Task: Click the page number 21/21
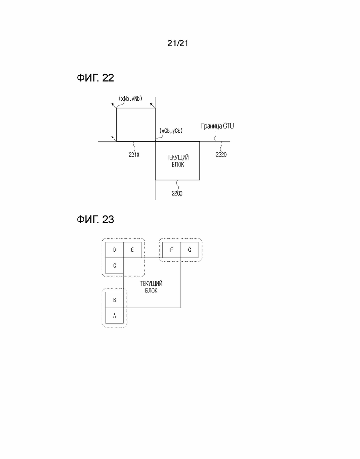178,43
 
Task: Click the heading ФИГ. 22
95,78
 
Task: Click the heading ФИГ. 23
95,220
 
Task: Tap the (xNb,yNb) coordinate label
130,99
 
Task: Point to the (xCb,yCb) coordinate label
171,131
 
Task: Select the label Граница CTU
217,126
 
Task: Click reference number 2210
134,155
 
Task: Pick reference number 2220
221,155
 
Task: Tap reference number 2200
177,193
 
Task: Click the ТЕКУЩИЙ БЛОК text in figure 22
178,161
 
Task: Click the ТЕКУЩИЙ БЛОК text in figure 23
151,287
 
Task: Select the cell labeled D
114,250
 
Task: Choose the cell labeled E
132,250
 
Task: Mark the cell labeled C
114,266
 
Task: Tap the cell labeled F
172,250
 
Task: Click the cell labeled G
190,250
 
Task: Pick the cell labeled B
114,300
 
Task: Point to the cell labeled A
114,316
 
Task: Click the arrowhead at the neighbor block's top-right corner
151,104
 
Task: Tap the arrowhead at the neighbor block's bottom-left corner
113,137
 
